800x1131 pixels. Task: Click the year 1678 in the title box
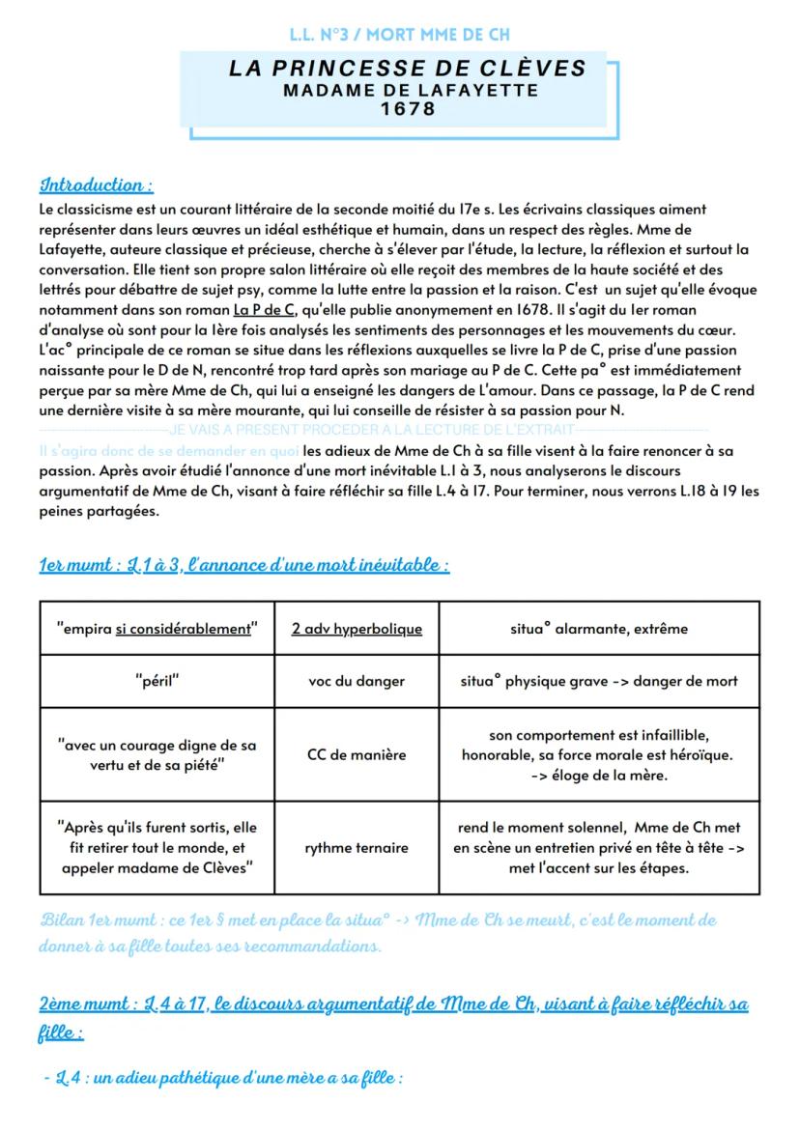(x=408, y=110)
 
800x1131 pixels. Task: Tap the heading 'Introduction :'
(x=96, y=184)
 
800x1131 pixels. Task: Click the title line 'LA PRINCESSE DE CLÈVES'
(x=408, y=69)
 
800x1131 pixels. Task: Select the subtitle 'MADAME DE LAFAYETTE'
(x=408, y=91)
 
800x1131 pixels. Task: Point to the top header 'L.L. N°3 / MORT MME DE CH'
(x=400, y=35)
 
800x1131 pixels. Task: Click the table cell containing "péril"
(x=157, y=680)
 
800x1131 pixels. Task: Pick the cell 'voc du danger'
(x=357, y=680)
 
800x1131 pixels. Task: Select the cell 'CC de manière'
(x=357, y=755)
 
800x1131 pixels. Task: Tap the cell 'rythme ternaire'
(x=357, y=848)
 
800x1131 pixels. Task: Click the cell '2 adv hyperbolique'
(x=357, y=629)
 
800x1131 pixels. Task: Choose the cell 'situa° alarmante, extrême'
(x=599, y=629)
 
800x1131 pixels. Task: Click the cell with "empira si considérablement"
(x=157, y=629)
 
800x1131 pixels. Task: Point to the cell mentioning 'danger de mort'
(x=599, y=680)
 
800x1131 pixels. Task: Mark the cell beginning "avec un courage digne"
(x=157, y=755)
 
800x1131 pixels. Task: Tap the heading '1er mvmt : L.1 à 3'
(x=243, y=565)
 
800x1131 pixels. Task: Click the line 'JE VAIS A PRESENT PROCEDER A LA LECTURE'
(x=371, y=429)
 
